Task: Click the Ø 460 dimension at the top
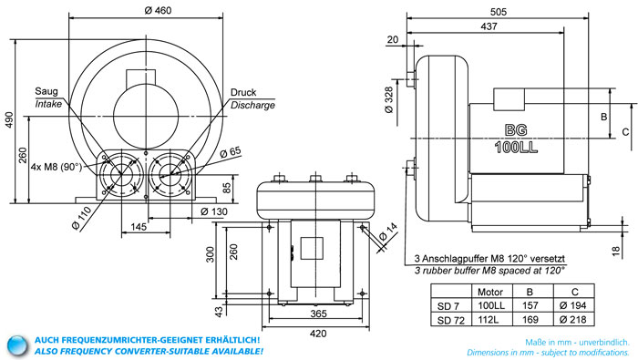158,10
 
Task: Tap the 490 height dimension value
9,120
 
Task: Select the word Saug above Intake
46,91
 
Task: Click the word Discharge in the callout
252,105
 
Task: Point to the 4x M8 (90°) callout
57,167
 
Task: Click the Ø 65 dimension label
231,152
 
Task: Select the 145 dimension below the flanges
139,227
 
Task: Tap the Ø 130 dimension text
214,211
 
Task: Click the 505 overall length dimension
498,12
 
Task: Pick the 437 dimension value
489,26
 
